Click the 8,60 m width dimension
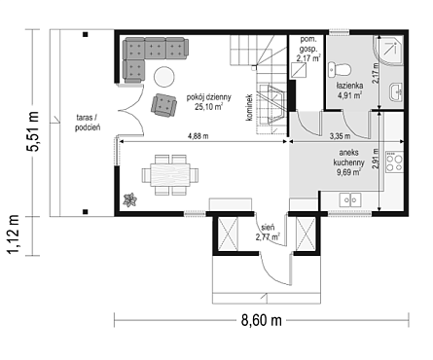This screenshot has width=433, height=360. pos(262,321)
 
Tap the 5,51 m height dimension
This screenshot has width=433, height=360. pos(32,131)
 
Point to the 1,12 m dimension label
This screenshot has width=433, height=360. pos(14,234)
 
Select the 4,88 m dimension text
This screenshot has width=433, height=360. pos(198,136)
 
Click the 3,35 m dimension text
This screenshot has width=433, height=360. pos(340,136)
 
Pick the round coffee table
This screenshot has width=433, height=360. pos(164,77)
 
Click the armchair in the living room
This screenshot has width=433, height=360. pos(163,105)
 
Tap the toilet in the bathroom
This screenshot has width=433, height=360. pos(339,70)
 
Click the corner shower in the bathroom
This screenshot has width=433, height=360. pos(388,50)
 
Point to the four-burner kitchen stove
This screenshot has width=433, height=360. pos(394,162)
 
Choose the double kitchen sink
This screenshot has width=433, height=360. pos(350,199)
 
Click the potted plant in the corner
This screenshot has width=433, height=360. pos(130,199)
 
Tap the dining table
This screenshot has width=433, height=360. pos(170,175)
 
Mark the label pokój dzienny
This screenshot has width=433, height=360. pos(208,97)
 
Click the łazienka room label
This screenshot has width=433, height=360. pos(349,86)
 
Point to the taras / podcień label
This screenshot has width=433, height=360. pos(88,123)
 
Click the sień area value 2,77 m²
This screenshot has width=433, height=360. pos(268,237)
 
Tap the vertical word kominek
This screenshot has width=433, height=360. pos(249,108)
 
